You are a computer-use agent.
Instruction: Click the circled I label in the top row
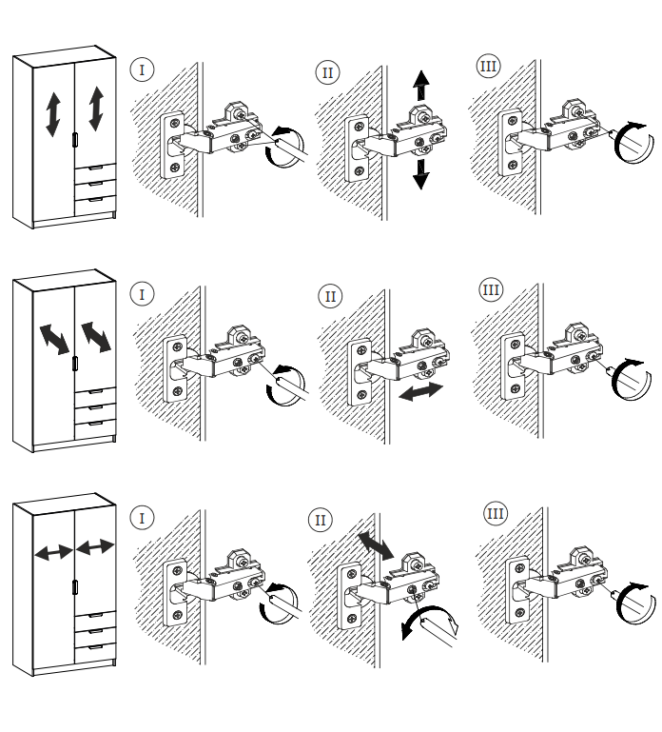pyautogui.click(x=143, y=69)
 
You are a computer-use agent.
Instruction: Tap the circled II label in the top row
pyautogui.click(x=328, y=72)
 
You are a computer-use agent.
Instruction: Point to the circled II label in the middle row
pyautogui.click(x=330, y=296)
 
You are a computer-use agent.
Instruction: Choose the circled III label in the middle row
pyautogui.click(x=491, y=289)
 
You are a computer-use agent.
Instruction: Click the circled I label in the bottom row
pyautogui.click(x=143, y=518)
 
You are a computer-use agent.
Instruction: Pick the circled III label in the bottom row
pyautogui.click(x=495, y=514)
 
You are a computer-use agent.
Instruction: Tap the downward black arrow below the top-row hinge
pyautogui.click(x=420, y=173)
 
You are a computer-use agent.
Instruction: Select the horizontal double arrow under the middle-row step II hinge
pyautogui.click(x=420, y=391)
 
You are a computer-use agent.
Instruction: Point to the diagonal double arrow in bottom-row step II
pyautogui.click(x=373, y=545)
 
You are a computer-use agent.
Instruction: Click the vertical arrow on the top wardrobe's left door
pyautogui.click(x=52, y=114)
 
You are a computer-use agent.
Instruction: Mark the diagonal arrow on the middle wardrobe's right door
pyautogui.click(x=96, y=335)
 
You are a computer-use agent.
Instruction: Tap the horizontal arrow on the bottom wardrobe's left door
pyautogui.click(x=52, y=552)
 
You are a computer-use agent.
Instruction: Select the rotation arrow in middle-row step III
pyautogui.click(x=627, y=374)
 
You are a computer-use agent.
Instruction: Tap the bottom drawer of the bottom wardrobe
pyautogui.click(x=95, y=650)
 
